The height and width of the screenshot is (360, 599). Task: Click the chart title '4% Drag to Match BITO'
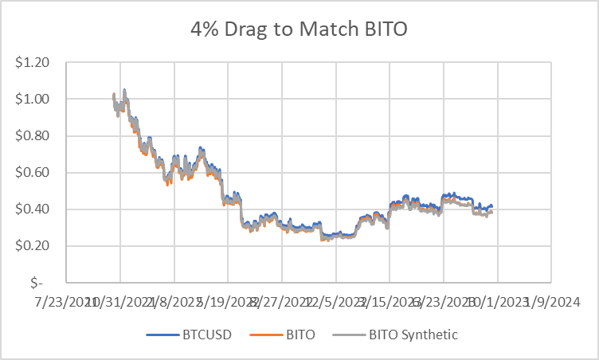(299, 30)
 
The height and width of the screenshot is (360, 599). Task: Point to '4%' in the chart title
(204, 30)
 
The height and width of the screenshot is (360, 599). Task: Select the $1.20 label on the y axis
(38, 62)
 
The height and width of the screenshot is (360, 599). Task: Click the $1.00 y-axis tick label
(38, 99)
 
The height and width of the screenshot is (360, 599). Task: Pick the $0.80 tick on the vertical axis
(38, 135)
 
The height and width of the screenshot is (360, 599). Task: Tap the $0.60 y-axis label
(38, 172)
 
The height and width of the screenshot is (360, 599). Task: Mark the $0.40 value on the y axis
(38, 209)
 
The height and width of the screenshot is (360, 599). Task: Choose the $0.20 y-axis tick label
(38, 245)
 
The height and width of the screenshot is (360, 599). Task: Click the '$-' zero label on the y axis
(46, 282)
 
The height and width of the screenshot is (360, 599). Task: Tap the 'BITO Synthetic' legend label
(413, 335)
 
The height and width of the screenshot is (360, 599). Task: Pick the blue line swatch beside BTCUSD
(161, 335)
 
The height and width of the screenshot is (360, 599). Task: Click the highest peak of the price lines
(124, 90)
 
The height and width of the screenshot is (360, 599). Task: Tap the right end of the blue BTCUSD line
(491, 207)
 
